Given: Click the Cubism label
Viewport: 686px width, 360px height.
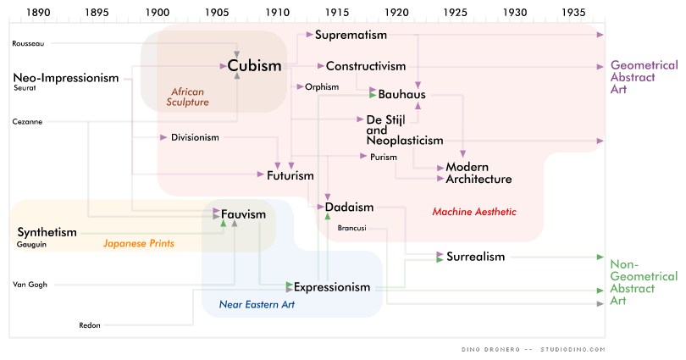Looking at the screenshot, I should coord(254,65).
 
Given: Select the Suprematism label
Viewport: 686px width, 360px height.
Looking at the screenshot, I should coord(351,35).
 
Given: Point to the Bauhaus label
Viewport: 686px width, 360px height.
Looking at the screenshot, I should coord(401,93).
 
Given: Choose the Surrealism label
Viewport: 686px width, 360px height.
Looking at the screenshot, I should coord(475,256).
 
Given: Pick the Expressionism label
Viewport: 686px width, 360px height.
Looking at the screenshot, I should coord(332,287).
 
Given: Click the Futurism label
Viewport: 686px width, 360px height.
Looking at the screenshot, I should coord(290,175).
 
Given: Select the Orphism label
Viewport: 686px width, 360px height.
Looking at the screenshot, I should coord(323,86).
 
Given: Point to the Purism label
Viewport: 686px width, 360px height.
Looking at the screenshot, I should coord(384,157).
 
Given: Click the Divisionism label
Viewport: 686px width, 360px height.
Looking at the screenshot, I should coord(195,137).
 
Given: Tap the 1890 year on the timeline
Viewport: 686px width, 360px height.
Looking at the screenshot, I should coord(38,14).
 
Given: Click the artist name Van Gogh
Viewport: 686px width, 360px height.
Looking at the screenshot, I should coord(30,285).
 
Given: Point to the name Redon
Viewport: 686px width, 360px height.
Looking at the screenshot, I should coord(89,324).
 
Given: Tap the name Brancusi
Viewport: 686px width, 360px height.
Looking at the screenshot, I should coord(351,227).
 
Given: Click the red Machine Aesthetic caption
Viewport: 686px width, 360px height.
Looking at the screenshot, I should coord(473,211).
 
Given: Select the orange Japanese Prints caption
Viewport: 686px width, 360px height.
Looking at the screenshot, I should coord(138,243).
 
